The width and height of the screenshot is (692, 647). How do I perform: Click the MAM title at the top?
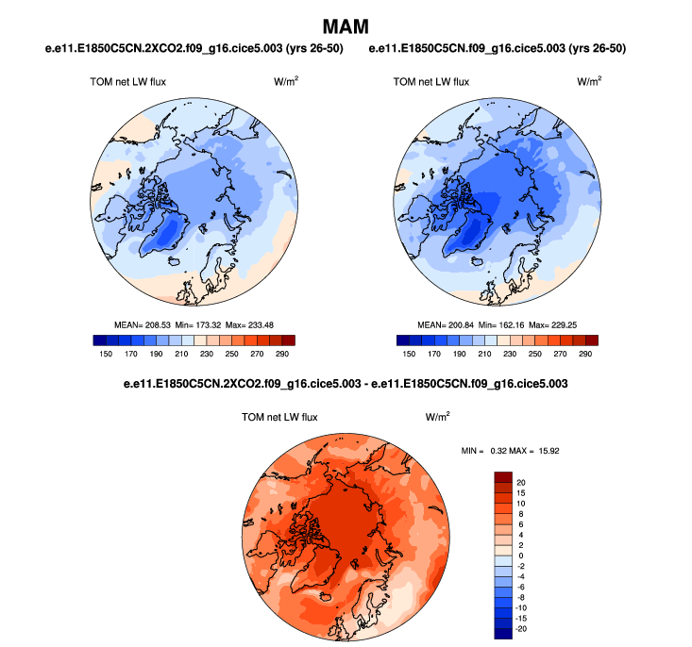tap(346, 26)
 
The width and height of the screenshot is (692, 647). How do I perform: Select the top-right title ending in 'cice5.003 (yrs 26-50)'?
tap(498, 48)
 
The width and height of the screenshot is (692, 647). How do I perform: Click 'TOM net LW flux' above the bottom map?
tap(280, 417)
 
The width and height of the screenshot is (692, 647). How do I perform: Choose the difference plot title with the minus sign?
tap(346, 385)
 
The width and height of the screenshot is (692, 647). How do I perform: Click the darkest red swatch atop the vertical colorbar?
tap(502, 479)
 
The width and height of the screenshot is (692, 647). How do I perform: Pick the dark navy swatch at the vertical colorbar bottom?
tap(502, 632)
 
